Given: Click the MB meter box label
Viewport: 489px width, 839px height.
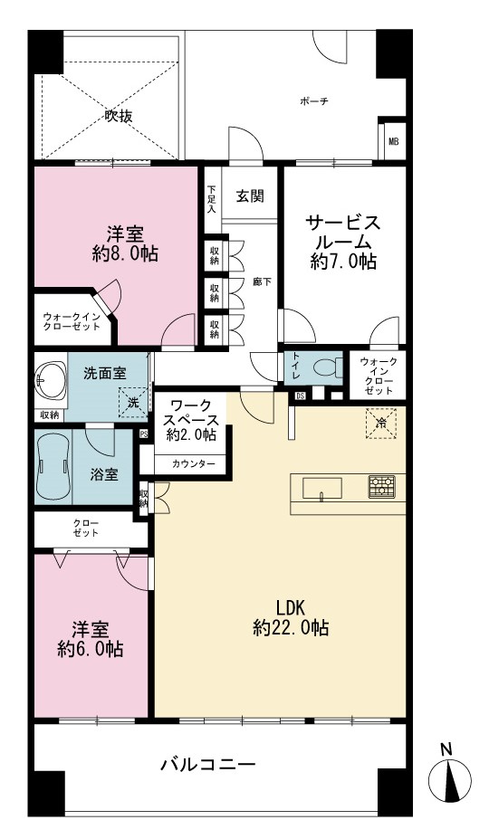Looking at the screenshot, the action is (394, 142).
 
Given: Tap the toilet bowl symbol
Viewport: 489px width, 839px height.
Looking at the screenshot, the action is (327, 367).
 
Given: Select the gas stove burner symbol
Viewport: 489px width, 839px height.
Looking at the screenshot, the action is (381, 486).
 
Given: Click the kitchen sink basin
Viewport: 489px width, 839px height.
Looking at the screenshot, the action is (322, 488).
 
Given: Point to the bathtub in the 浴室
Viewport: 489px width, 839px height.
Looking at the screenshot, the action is (53, 466).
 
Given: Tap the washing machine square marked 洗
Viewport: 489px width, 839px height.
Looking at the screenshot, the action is (133, 401).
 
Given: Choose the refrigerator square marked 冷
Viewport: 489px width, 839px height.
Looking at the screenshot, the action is (381, 423).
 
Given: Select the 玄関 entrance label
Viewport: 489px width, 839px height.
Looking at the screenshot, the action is (250, 196).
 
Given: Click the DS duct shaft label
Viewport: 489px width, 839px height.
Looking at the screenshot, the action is (300, 396).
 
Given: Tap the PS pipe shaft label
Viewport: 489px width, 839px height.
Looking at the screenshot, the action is (144, 434).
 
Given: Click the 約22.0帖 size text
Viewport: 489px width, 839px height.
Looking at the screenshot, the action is (291, 627).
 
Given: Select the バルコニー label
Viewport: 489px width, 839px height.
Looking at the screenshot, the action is (208, 764).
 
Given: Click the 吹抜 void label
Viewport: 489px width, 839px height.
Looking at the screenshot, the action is (119, 116).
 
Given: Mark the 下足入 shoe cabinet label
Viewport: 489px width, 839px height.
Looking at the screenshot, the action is (212, 198).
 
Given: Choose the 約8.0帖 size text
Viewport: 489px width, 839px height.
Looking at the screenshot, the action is (125, 253).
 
